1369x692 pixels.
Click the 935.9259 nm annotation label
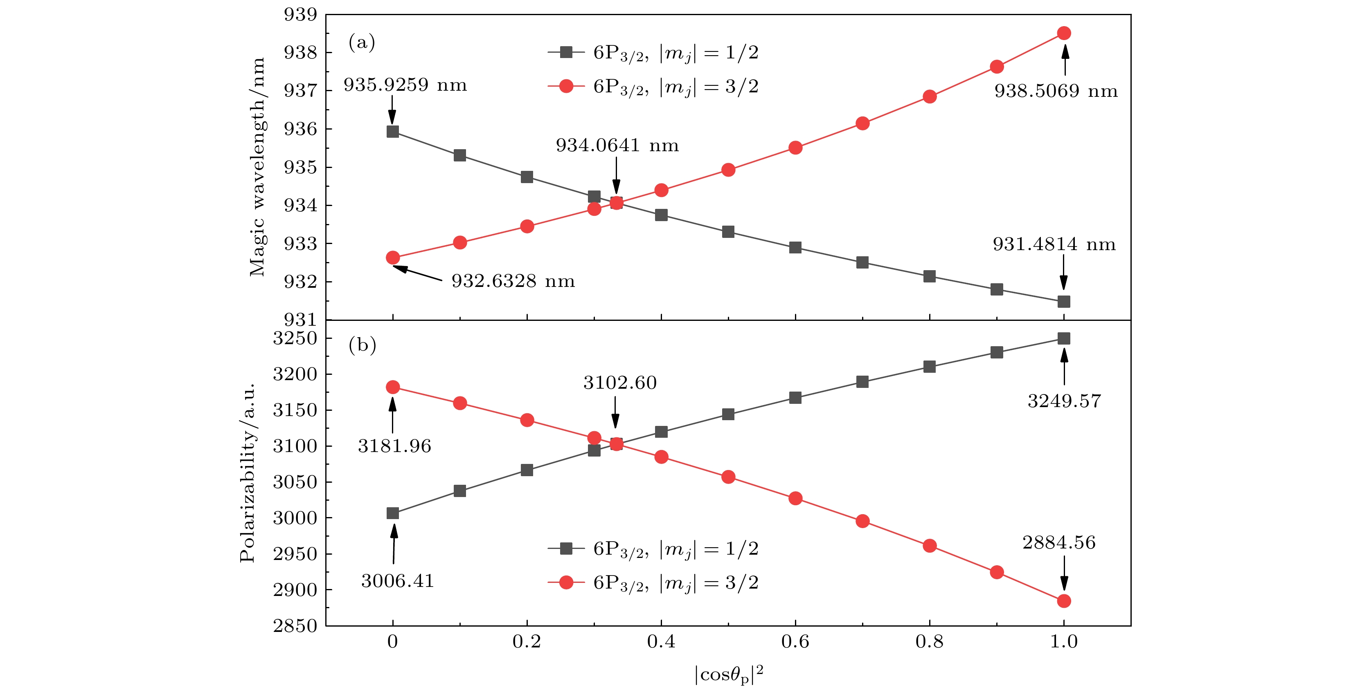click(x=405, y=85)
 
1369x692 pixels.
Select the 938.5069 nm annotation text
click(x=1056, y=91)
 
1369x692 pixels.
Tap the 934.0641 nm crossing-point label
click(x=617, y=146)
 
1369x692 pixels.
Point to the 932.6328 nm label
click(x=513, y=281)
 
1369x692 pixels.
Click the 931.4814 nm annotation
click(x=1054, y=244)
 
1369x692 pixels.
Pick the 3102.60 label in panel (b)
click(x=620, y=383)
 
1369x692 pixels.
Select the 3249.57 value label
click(x=1064, y=401)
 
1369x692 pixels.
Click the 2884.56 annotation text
click(x=1058, y=543)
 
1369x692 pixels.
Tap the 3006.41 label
click(x=398, y=581)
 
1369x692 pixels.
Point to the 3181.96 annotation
click(x=394, y=446)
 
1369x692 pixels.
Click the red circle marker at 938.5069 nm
click(x=1063, y=34)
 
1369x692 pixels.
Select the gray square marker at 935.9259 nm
click(x=393, y=132)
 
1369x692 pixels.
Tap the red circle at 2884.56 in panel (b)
click(x=1063, y=601)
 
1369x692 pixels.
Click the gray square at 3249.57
click(x=1063, y=339)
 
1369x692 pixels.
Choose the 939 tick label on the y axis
click(x=300, y=15)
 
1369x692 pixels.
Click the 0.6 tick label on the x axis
click(x=795, y=642)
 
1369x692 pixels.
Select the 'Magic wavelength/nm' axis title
click(x=257, y=167)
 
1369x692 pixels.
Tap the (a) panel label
click(x=361, y=42)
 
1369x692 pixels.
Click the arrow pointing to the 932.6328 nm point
click(x=418, y=273)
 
